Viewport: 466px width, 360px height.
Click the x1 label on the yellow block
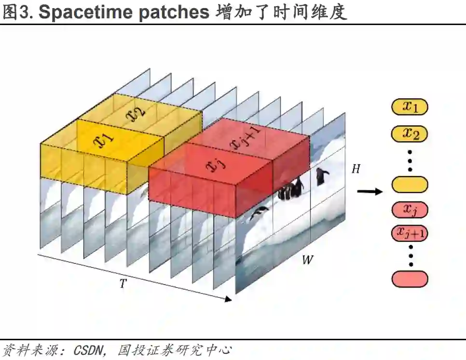click(x=105, y=139)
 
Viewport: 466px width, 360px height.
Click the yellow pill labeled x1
click(x=410, y=107)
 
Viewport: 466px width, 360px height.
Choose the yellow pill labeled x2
click(x=410, y=133)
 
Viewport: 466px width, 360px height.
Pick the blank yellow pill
click(x=410, y=185)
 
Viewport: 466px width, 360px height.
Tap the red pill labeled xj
click(x=410, y=210)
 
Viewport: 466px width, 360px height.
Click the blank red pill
click(x=410, y=279)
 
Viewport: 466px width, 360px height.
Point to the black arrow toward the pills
click(x=369, y=192)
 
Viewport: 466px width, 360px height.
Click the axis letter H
click(x=356, y=170)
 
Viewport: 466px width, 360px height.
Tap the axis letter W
click(x=307, y=261)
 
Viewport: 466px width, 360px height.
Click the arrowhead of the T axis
click(x=228, y=299)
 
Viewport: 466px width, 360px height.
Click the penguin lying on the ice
click(x=260, y=212)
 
